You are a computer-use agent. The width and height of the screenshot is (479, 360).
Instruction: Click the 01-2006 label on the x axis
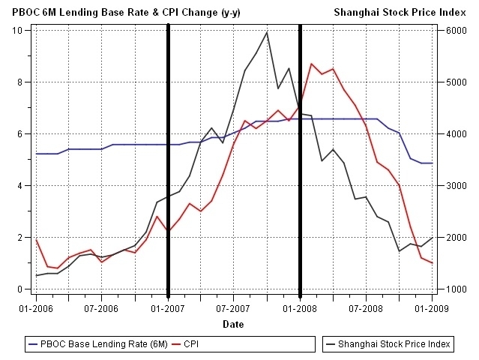[x=36, y=308]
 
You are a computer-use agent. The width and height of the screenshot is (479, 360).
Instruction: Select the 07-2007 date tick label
[x=234, y=308]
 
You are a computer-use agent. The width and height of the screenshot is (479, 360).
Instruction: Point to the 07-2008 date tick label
[x=366, y=308]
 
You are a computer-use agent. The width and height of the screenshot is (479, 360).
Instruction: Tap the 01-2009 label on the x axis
[x=433, y=308]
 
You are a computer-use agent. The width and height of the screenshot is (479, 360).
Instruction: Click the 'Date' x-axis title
[x=233, y=325]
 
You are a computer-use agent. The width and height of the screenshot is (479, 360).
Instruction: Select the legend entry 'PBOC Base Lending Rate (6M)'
[x=106, y=344]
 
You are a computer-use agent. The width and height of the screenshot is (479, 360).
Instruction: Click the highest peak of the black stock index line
[x=267, y=31]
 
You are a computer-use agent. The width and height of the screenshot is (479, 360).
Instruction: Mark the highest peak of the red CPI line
[x=311, y=64]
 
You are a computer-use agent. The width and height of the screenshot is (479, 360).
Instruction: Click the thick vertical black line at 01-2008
[x=300, y=187]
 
